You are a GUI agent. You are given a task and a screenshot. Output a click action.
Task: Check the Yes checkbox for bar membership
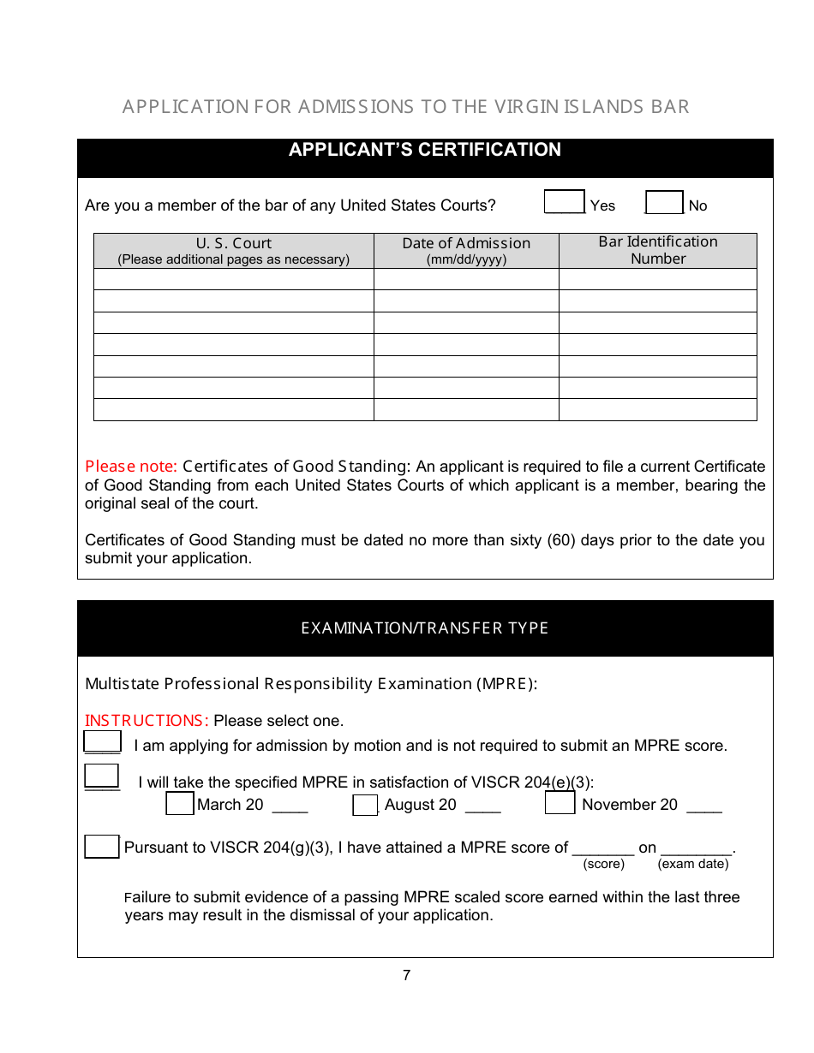(564, 202)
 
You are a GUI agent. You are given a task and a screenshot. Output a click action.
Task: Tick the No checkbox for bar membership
(664, 202)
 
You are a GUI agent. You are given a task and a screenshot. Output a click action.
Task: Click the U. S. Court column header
(233, 251)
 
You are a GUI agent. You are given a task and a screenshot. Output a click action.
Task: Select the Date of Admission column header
(466, 251)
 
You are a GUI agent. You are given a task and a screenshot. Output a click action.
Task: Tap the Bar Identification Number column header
(657, 251)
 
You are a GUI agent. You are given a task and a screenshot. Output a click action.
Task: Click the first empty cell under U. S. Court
(233, 279)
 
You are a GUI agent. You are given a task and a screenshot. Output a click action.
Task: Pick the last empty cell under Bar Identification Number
(657, 410)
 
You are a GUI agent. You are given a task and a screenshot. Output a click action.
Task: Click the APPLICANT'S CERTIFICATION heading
(425, 150)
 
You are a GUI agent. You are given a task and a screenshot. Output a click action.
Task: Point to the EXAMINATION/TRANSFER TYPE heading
(425, 628)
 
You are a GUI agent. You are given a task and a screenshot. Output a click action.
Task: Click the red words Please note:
(130, 467)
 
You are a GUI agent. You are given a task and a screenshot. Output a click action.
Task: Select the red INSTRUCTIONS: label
(147, 721)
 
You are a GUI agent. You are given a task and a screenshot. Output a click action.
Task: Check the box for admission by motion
(102, 741)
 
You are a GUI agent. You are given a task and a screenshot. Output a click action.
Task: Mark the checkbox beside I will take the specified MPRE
(102, 776)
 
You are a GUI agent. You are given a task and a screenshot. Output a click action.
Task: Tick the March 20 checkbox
(179, 804)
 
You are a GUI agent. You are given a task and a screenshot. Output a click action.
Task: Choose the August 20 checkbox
(365, 805)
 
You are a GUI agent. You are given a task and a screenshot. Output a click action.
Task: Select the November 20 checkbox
(560, 804)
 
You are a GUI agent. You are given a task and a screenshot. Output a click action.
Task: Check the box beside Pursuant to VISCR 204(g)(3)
(102, 847)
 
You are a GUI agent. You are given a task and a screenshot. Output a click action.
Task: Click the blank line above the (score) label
(602, 848)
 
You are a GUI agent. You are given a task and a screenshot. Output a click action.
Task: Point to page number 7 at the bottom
(406, 975)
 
